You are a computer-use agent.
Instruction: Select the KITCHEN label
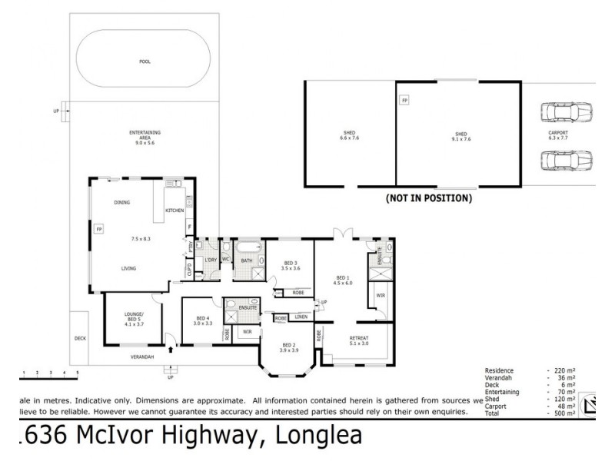coord(175,210)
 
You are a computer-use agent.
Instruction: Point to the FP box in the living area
coord(99,229)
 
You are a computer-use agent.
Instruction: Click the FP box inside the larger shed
coord(404,101)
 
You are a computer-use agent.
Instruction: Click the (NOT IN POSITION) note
coord(428,198)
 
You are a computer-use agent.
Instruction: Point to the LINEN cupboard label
coord(301,317)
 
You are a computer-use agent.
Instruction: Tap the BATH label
coord(246,260)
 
